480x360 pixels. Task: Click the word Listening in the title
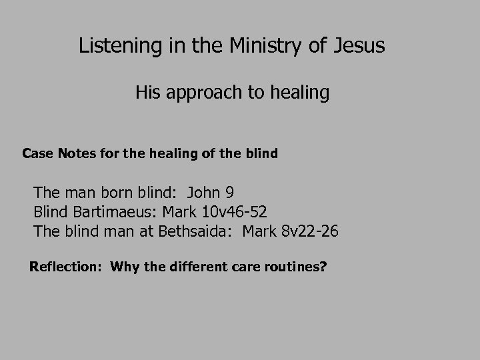[x=117, y=47]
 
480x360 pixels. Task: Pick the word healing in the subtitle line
[x=299, y=93]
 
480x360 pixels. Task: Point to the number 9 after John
[x=229, y=193]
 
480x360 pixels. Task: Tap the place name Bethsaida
[x=197, y=231]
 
